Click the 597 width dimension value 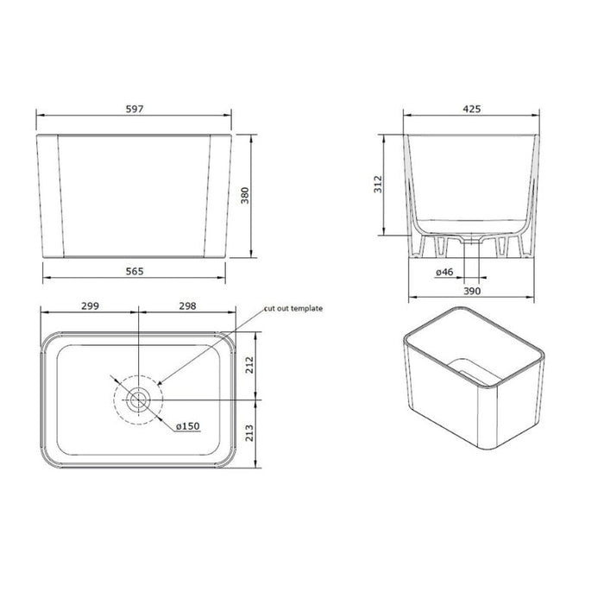(x=135, y=109)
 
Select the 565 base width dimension (x=135, y=272)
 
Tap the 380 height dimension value (x=245, y=195)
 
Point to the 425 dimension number (x=471, y=109)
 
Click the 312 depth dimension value (x=378, y=184)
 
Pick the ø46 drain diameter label (x=444, y=272)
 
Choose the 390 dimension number (x=471, y=292)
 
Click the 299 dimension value (x=90, y=305)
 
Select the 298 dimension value (x=187, y=305)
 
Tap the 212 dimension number (x=250, y=365)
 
